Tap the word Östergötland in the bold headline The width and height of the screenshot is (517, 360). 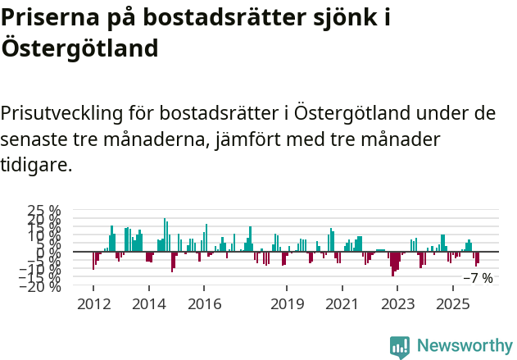point(79,48)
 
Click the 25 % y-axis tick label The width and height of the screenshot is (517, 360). point(44,211)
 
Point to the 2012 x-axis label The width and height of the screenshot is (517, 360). point(93,304)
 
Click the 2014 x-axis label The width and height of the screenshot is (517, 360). point(149,304)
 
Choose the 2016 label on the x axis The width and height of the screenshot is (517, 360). point(205,304)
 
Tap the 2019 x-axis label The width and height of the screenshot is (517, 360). point(287,304)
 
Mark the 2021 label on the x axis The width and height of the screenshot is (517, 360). point(342,304)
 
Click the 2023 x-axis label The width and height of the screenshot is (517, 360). point(398,304)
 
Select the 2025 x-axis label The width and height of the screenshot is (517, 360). point(453,304)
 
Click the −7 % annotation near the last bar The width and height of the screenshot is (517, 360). point(478,278)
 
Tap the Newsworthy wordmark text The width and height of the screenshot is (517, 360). point(465,345)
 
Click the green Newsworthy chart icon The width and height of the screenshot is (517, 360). point(400,346)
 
